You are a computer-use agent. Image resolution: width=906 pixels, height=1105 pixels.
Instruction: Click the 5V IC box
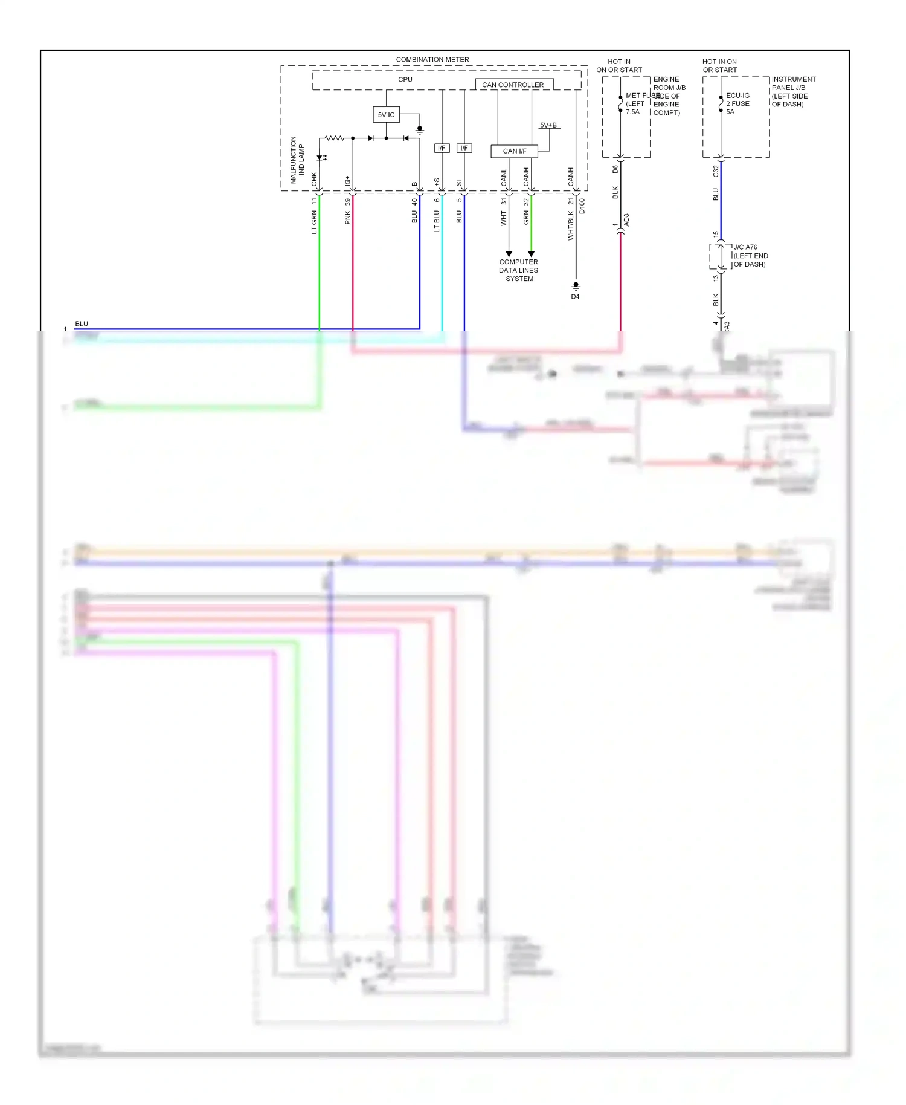386,114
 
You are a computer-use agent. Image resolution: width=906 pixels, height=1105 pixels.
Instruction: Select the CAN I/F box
514,151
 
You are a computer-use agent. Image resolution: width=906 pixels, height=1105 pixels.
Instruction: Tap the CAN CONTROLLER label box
513,85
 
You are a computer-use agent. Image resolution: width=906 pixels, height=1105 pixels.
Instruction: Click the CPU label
405,80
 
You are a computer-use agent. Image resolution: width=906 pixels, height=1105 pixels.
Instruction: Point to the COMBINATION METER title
432,59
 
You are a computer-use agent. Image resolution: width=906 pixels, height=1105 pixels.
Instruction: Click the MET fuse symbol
620,104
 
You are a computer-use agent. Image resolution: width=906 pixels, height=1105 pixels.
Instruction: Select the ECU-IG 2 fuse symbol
721,104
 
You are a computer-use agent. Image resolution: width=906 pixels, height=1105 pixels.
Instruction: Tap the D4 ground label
575,297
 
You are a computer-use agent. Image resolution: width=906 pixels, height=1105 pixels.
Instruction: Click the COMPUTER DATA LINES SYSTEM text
519,270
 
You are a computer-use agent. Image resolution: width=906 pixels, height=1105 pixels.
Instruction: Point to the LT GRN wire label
314,222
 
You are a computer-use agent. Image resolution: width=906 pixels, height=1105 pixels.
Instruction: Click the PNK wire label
347,218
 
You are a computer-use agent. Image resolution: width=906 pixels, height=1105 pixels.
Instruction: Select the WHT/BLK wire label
571,226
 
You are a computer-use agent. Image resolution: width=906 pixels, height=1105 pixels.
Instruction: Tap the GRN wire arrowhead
531,254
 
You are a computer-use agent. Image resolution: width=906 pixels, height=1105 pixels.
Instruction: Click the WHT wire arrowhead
509,254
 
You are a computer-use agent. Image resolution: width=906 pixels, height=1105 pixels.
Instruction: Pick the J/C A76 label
745,247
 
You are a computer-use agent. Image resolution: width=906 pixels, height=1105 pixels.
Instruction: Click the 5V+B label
548,125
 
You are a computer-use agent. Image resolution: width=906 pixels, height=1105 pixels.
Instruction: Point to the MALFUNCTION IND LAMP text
297,160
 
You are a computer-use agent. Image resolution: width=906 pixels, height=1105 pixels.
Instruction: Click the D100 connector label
582,207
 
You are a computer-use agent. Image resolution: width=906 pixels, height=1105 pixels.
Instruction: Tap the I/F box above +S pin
442,148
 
